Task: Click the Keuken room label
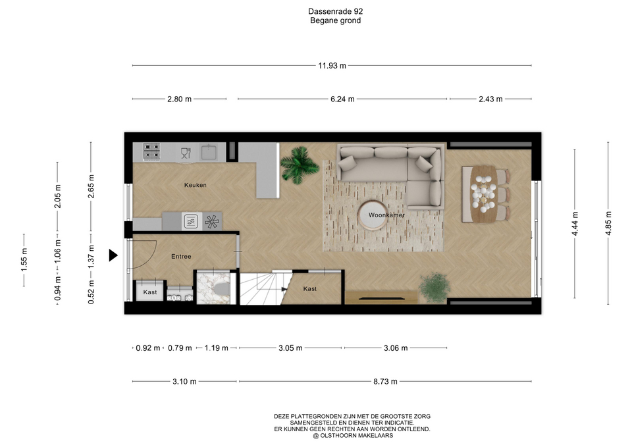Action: (x=195, y=185)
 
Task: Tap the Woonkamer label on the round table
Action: (x=386, y=215)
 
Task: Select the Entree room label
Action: (x=181, y=256)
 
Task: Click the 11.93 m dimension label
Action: (x=332, y=66)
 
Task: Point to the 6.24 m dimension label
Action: (x=342, y=99)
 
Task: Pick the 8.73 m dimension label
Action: (x=385, y=382)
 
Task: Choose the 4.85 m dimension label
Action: (x=608, y=223)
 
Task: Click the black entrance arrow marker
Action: (x=113, y=255)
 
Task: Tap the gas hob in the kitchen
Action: (x=152, y=151)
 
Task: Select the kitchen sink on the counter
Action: (x=209, y=152)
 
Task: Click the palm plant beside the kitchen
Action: (x=299, y=165)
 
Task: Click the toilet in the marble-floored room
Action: (x=221, y=289)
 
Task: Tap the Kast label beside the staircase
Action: (x=309, y=289)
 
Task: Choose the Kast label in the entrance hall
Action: (x=150, y=292)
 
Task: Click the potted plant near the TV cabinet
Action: (x=434, y=288)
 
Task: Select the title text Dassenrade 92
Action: (x=335, y=12)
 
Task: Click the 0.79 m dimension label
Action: (x=180, y=348)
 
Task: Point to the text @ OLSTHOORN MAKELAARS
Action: (x=353, y=436)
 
